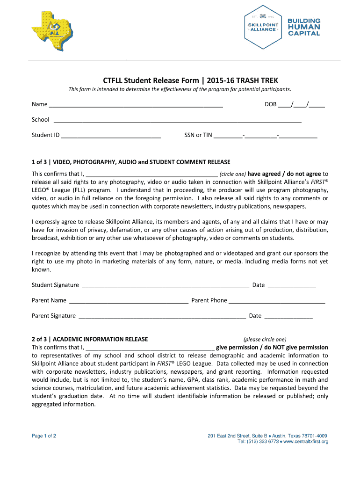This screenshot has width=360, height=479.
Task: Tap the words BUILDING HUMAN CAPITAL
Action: click(303, 27)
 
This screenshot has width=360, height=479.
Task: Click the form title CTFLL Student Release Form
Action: click(190, 80)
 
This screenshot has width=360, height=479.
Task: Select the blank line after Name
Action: click(136, 104)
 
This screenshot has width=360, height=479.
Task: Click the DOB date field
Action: click(302, 104)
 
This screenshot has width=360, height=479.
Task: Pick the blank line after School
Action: click(178, 120)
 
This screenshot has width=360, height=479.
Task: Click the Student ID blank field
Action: click(111, 135)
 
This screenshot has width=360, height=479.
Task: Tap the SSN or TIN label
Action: click(198, 135)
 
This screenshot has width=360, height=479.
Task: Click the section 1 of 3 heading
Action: click(131, 162)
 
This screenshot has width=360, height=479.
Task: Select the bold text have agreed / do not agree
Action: click(285, 174)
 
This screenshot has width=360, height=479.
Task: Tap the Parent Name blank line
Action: click(128, 300)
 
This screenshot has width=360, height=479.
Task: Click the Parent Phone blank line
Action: click(277, 300)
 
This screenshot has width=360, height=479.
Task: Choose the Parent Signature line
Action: click(162, 316)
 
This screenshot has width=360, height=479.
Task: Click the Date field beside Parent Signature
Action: click(288, 316)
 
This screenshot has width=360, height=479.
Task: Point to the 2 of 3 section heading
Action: click(90, 339)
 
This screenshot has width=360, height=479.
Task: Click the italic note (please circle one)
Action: click(265, 339)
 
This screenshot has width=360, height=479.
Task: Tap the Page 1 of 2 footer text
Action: click(44, 436)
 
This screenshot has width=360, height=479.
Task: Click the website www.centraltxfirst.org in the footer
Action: click(306, 442)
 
